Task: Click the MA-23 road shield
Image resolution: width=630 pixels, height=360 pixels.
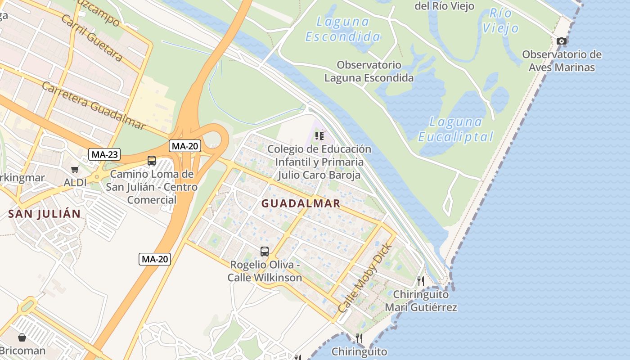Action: [104, 154]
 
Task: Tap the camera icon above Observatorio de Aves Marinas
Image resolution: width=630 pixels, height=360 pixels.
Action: [561, 41]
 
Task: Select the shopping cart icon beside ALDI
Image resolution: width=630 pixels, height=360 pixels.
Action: [75, 169]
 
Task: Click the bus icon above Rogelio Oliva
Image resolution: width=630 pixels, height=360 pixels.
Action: [265, 252]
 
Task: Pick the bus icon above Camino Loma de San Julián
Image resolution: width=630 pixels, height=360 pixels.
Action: [152, 161]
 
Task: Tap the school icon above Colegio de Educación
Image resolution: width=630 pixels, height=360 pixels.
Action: [319, 136]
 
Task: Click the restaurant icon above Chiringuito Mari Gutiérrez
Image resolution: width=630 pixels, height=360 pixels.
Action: [421, 281]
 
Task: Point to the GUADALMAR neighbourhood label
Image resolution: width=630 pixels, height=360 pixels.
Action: [301, 203]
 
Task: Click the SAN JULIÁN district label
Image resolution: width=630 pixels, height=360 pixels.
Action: [44, 214]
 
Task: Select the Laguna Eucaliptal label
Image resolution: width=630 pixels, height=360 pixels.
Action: [455, 129]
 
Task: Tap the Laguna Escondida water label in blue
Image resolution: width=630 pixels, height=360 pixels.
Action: [342, 29]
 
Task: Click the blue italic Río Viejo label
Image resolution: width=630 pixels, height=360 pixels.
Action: [500, 21]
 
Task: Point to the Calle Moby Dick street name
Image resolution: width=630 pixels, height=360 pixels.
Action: [365, 279]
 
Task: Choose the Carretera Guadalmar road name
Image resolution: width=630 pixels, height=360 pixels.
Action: [94, 106]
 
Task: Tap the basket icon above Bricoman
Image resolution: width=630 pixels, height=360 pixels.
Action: [22, 337]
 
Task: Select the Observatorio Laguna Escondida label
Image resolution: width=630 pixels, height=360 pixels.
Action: [369, 72]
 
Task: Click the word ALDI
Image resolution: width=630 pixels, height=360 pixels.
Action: [75, 183]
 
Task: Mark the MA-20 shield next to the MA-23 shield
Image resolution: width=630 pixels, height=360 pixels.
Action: [185, 146]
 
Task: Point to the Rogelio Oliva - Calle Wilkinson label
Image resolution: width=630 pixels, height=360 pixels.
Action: [265, 271]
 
